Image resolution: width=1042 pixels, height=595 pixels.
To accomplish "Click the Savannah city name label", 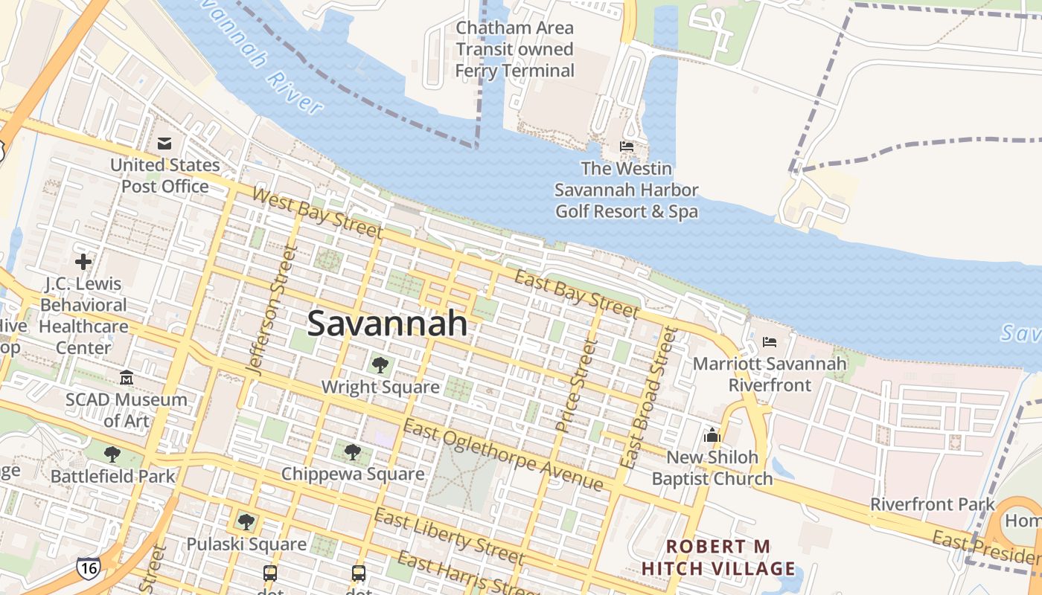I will coord(387,324).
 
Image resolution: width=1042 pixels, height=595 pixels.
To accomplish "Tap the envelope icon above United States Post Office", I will coord(164,143).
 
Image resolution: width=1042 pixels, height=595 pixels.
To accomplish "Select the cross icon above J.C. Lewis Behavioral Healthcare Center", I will coord(83,261).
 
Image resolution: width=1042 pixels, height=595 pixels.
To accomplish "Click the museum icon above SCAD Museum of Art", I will coord(126,379).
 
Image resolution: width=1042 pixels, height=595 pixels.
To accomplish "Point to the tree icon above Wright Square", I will coord(380,364).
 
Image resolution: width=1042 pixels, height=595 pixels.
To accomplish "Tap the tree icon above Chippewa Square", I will coord(352,451).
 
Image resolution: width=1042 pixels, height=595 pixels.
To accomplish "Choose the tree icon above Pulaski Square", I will coord(246,522).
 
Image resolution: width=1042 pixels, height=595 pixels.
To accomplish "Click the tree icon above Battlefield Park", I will coord(112,454).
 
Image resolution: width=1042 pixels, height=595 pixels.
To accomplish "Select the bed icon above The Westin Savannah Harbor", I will coord(627,147).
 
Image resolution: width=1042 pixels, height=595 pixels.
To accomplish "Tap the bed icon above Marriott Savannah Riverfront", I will coord(770,342).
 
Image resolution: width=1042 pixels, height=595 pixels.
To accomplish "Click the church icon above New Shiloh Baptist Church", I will coord(712,434).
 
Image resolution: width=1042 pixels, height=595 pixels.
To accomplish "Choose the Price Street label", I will coord(577,385).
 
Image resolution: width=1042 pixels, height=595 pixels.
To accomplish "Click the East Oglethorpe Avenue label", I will coord(503,454).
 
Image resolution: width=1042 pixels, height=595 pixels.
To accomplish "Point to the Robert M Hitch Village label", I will coord(718,558).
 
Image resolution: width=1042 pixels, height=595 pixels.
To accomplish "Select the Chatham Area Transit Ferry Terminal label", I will coord(515,49).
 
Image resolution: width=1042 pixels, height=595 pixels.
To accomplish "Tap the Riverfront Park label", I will coord(933,504).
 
